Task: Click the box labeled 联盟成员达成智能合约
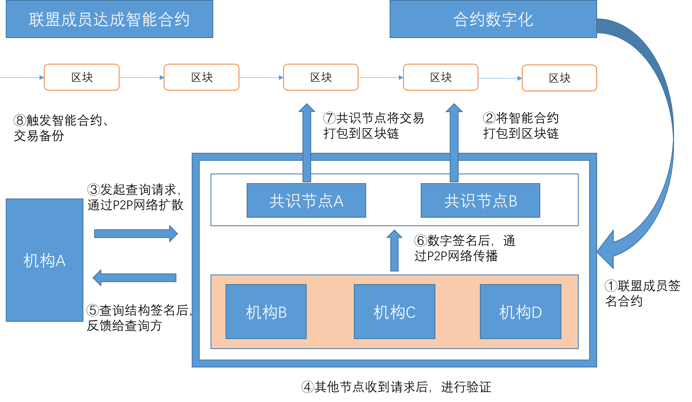(110, 19)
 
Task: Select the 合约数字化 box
(493, 19)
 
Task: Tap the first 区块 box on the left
(81, 77)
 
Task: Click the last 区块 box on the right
(559, 78)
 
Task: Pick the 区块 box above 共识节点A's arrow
(321, 77)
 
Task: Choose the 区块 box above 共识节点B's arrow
(440, 77)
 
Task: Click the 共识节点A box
(306, 200)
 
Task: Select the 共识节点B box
(480, 200)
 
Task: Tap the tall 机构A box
(45, 260)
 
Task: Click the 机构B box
(266, 312)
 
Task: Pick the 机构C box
(394, 312)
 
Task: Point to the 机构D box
(520, 312)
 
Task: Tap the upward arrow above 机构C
(394, 251)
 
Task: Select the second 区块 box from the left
(201, 77)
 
